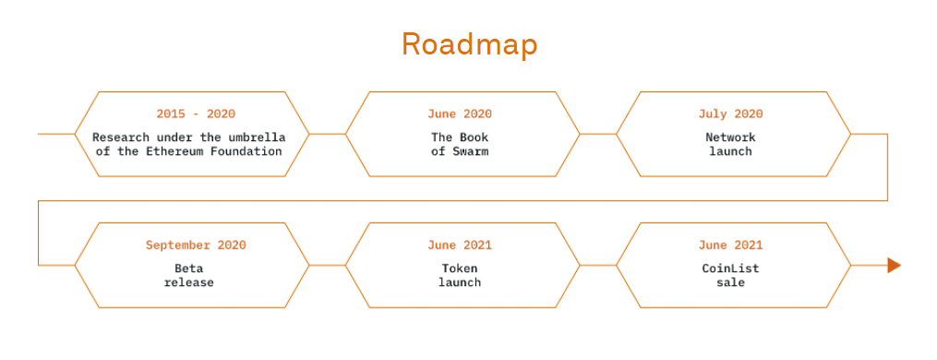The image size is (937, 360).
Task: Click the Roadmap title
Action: coord(469,44)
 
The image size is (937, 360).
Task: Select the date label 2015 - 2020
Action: coord(196,114)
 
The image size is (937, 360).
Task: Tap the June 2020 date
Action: coord(460,114)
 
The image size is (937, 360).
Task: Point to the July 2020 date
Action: coord(730,114)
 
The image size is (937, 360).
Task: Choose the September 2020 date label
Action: coord(196,246)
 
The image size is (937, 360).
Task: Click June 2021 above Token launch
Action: coord(460,246)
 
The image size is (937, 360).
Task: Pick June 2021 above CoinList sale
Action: coord(730,246)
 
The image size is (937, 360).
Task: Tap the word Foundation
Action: coord(247,151)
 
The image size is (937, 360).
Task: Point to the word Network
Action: coord(730,138)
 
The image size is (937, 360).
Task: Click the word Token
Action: coord(460,269)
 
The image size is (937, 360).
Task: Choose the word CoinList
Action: coord(730,269)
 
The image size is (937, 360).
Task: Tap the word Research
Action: coord(120,138)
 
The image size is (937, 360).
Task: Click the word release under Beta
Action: coord(188,282)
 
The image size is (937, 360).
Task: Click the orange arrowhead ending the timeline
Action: coord(894,266)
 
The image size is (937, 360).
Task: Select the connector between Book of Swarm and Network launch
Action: coord(598,134)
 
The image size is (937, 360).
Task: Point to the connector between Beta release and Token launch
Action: coord(327,265)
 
